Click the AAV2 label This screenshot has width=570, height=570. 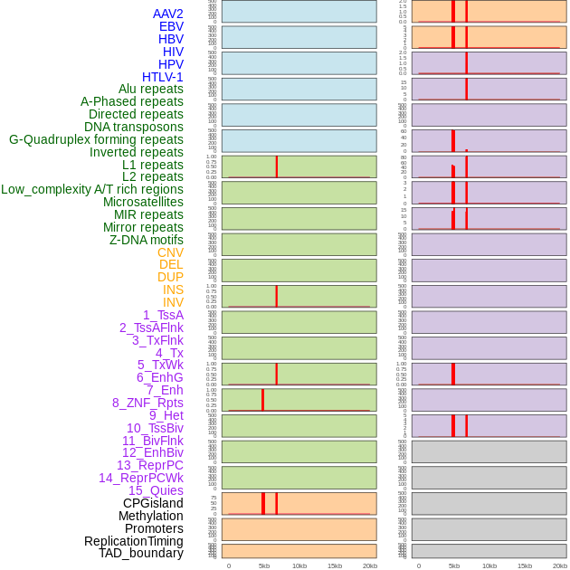click(x=167, y=14)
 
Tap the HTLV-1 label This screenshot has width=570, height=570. click(x=162, y=77)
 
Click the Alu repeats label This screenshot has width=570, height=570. click(x=150, y=89)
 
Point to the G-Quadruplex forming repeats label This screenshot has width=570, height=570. click(x=96, y=139)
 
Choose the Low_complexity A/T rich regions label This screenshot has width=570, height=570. click(x=92, y=189)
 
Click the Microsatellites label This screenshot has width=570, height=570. click(x=143, y=202)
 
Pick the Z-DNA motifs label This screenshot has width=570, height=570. click(x=147, y=240)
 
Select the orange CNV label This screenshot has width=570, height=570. click(x=170, y=252)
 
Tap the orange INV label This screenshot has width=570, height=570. click(x=173, y=302)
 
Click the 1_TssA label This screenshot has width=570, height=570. click(x=163, y=315)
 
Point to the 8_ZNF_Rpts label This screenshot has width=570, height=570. click(x=147, y=403)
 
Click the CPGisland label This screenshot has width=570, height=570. click(x=153, y=503)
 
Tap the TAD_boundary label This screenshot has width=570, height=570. click(x=140, y=553)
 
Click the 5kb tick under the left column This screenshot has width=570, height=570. click(x=264, y=565)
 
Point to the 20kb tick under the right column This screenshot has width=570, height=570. click(x=560, y=565)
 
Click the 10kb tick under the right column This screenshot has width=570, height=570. click(x=489, y=565)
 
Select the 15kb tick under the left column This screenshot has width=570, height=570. click(x=335, y=565)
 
